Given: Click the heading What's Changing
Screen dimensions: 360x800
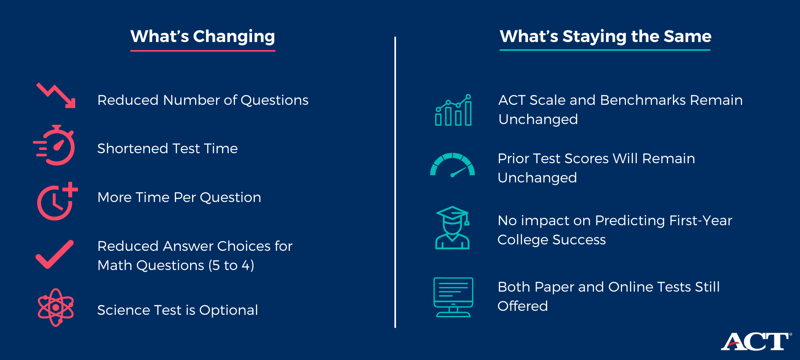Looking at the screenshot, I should click(x=202, y=36).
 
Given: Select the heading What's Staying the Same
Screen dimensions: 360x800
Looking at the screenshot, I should click(x=605, y=36).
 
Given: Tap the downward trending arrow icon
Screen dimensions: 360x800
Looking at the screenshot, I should click(x=56, y=96).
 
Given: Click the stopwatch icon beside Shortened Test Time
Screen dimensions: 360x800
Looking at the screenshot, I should click(x=55, y=146).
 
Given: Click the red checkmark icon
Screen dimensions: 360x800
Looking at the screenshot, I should click(x=55, y=254).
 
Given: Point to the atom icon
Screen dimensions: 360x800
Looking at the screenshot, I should click(x=56, y=308).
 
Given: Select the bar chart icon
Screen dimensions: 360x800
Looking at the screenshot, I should click(x=453, y=111).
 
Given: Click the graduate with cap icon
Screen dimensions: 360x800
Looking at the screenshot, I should click(x=452, y=228).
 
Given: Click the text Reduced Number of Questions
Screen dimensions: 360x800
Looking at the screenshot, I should click(x=203, y=100).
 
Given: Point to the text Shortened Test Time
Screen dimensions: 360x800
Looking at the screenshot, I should click(x=167, y=148).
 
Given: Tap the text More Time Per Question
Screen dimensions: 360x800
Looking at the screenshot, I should click(x=179, y=197).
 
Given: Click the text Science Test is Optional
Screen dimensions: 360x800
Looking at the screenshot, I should click(x=177, y=310).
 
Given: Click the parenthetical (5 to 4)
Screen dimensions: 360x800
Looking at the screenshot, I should click(x=231, y=265).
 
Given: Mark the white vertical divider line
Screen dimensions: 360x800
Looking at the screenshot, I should click(x=395, y=182).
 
